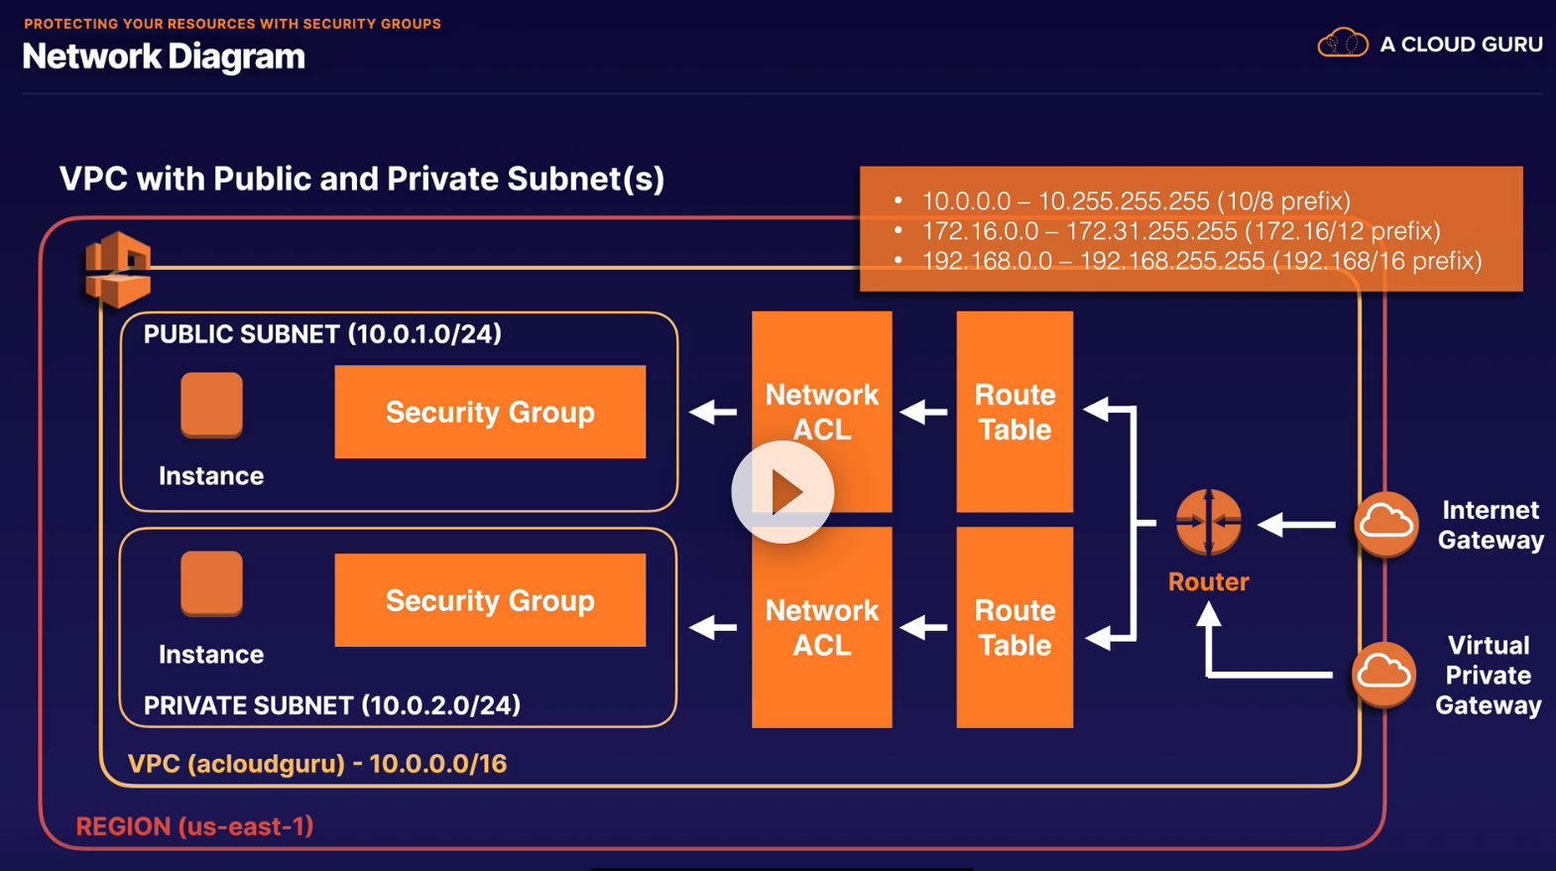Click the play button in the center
pyautogui.click(x=782, y=492)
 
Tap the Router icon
pyautogui.click(x=1208, y=522)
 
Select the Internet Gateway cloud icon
pyautogui.click(x=1385, y=523)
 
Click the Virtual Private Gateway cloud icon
pyautogui.click(x=1383, y=674)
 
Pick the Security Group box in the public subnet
pyautogui.click(x=490, y=412)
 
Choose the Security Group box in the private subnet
pyautogui.click(x=490, y=600)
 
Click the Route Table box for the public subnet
pyautogui.click(x=1014, y=412)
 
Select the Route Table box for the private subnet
pyautogui.click(x=1014, y=627)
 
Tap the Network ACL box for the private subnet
pyautogui.click(x=821, y=627)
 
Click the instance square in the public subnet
pyautogui.click(x=211, y=404)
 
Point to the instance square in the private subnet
pyautogui.click(x=211, y=582)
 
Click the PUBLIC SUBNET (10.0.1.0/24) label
pyautogui.click(x=322, y=334)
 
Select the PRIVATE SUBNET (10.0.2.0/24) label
pyautogui.click(x=331, y=705)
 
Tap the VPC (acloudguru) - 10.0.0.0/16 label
pyautogui.click(x=317, y=764)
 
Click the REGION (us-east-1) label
pyautogui.click(x=194, y=826)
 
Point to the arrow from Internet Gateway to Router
pyautogui.click(x=1297, y=524)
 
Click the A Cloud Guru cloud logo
pyautogui.click(x=1342, y=44)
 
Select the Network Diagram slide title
pyautogui.click(x=164, y=57)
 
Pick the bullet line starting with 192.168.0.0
pyautogui.click(x=1201, y=261)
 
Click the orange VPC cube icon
pyautogui.click(x=118, y=269)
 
